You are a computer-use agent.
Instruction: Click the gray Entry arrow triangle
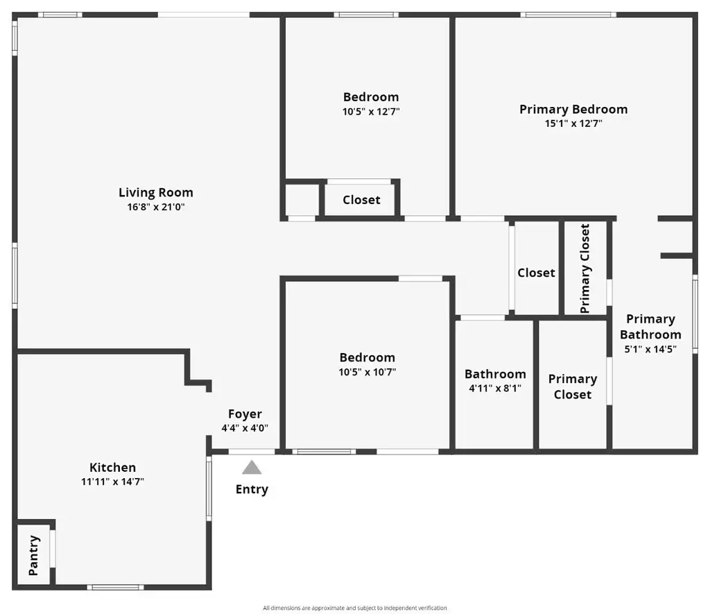[252, 468]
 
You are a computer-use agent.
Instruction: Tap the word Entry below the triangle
[252, 489]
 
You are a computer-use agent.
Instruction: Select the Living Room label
[156, 193]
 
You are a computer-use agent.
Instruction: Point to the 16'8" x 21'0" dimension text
[156, 207]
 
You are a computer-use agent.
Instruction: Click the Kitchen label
[112, 467]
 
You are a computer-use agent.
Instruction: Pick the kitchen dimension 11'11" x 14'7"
[112, 481]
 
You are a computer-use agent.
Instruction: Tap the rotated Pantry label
[34, 556]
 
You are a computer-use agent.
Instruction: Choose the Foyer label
[245, 413]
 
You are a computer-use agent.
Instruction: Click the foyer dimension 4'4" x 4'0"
[245, 428]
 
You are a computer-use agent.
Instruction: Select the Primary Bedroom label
[573, 109]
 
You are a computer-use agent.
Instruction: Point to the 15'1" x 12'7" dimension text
[573, 123]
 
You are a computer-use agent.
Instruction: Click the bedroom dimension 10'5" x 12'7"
[371, 112]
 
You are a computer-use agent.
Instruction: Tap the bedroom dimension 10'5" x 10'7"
[367, 372]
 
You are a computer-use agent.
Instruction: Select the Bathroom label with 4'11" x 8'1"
[495, 374]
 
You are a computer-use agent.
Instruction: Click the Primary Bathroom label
[650, 327]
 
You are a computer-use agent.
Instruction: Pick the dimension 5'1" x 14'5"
[650, 349]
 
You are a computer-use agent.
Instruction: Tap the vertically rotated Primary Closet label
[585, 268]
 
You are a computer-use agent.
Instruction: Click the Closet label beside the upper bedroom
[361, 200]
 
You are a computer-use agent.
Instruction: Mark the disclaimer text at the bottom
[355, 608]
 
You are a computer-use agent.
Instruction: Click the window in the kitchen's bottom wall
[116, 587]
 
